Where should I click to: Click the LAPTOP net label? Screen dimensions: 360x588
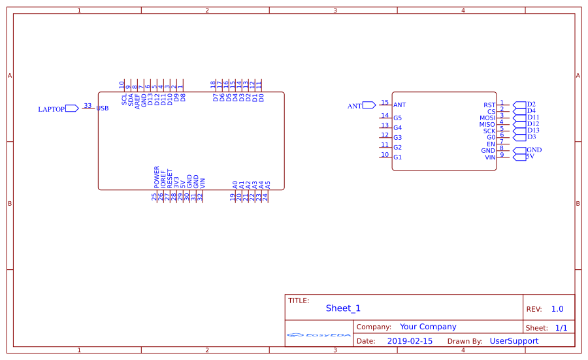pyautogui.click(x=52, y=109)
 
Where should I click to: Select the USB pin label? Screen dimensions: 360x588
pyautogui.click(x=103, y=108)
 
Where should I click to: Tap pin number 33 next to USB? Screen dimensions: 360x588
pyautogui.click(x=88, y=105)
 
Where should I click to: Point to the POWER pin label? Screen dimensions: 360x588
pyautogui.click(x=157, y=177)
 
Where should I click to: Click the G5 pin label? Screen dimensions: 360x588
pyautogui.click(x=397, y=118)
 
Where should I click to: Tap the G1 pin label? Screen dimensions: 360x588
pyautogui.click(x=397, y=157)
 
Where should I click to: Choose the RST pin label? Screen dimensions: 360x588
pyautogui.click(x=489, y=105)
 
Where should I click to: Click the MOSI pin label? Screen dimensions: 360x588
pyautogui.click(x=487, y=118)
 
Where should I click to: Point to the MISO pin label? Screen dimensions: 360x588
pyautogui.click(x=487, y=125)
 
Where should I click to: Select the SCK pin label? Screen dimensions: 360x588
pyautogui.click(x=489, y=131)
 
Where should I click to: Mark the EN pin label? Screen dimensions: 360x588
pyautogui.click(x=491, y=144)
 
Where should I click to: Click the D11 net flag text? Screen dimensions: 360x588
pyautogui.click(x=533, y=118)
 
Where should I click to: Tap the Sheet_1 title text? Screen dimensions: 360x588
pyautogui.click(x=343, y=308)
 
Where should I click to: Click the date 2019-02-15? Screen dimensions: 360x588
pyautogui.click(x=410, y=341)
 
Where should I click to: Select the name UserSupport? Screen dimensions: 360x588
pyautogui.click(x=514, y=341)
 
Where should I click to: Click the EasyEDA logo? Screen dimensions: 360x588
pyautogui.click(x=319, y=335)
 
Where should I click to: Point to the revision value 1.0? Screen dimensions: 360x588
pyautogui.click(x=557, y=309)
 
